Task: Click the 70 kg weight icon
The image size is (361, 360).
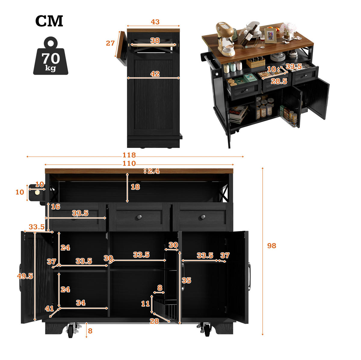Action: (x=51, y=56)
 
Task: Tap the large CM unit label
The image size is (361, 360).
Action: (x=49, y=21)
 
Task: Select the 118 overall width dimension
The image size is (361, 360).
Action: (x=129, y=155)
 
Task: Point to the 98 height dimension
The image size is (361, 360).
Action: (x=271, y=245)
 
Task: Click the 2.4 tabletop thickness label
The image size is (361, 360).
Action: (x=154, y=171)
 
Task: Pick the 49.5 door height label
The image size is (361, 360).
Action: (x=25, y=276)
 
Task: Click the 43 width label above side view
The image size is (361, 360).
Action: (x=155, y=22)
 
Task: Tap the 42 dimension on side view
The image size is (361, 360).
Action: (x=155, y=74)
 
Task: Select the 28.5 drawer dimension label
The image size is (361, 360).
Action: (x=279, y=81)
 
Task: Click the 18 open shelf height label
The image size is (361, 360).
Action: (x=135, y=187)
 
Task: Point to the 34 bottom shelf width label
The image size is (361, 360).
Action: (x=81, y=303)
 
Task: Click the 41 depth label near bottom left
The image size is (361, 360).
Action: (x=49, y=309)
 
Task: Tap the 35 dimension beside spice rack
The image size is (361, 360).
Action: (x=187, y=280)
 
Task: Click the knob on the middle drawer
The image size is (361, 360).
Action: (x=139, y=217)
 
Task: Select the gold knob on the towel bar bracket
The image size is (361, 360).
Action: (x=37, y=192)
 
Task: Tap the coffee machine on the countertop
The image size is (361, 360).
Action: (x=225, y=39)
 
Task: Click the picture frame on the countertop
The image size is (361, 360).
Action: (x=270, y=35)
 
